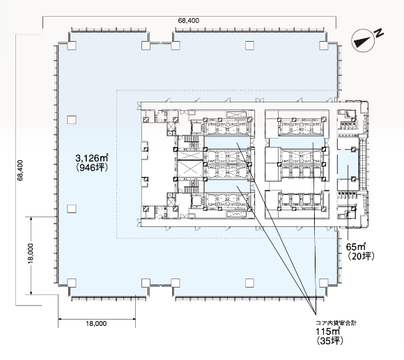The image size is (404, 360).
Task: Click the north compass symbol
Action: (363, 40)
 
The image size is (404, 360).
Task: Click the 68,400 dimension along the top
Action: (188, 21)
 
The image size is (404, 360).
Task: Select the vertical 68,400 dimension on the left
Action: (20, 170)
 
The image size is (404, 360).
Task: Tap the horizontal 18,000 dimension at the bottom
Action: (96, 323)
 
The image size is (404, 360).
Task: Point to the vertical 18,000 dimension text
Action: (31, 253)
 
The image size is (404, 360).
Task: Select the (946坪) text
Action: (92, 167)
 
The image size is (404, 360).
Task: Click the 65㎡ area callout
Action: (356, 246)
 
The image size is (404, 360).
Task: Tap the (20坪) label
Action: (360, 256)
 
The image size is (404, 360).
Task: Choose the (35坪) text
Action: (329, 341)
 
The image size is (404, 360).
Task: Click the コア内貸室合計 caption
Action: (336, 323)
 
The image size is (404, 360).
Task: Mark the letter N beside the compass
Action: (379, 33)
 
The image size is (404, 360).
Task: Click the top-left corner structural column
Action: (72, 45)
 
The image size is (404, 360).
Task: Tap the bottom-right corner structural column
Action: (324, 283)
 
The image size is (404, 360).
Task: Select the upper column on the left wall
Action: (72, 120)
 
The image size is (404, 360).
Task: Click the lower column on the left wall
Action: (72, 209)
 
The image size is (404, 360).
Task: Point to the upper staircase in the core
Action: (192, 141)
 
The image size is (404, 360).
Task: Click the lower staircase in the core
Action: (192, 187)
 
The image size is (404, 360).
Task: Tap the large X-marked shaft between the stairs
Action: (190, 169)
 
